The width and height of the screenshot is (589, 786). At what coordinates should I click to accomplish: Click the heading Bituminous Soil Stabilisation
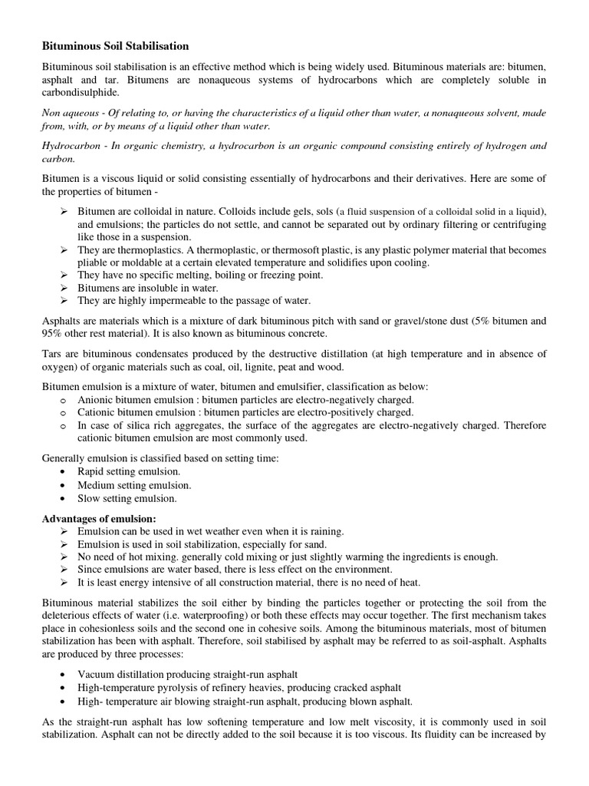click(x=115, y=47)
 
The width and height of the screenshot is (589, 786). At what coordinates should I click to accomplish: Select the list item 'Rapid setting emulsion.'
click(x=129, y=471)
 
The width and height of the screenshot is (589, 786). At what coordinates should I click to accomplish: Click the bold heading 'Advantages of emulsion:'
click(x=99, y=517)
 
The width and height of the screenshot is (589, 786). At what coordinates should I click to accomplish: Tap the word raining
click(x=323, y=531)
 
